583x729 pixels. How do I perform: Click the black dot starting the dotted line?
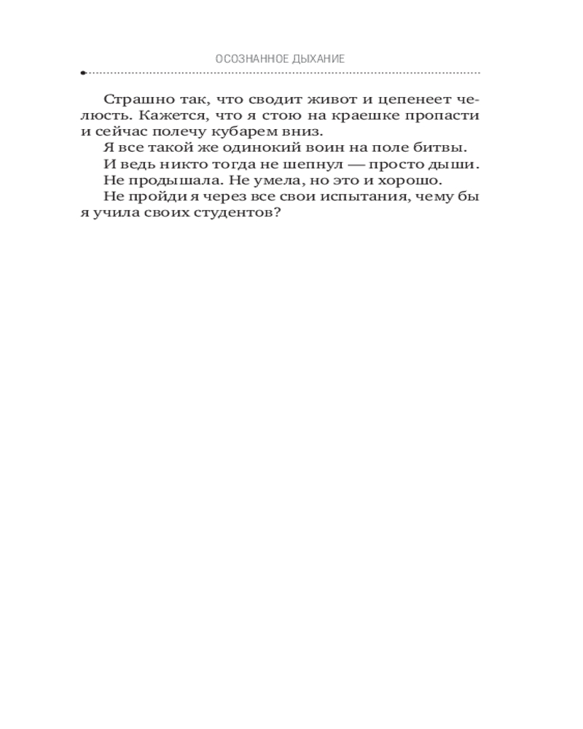click(83, 73)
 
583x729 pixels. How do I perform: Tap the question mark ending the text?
click(276, 214)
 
